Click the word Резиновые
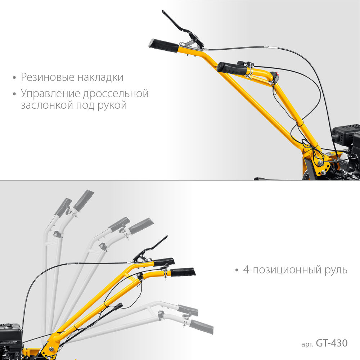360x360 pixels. pos(44,77)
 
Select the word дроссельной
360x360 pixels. pos(116,94)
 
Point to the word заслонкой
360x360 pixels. pos(44,106)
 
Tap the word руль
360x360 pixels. pos(337,270)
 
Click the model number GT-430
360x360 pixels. pos(332,343)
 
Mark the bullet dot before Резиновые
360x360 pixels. pos(14,78)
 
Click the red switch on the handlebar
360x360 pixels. pos(276,76)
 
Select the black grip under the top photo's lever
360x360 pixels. pos(164,45)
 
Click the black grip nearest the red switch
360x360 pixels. pos(232,68)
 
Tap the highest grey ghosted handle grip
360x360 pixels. pos(84,200)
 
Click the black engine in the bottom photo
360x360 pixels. pos(10,337)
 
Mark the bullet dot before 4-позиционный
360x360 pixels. pos(236,270)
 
